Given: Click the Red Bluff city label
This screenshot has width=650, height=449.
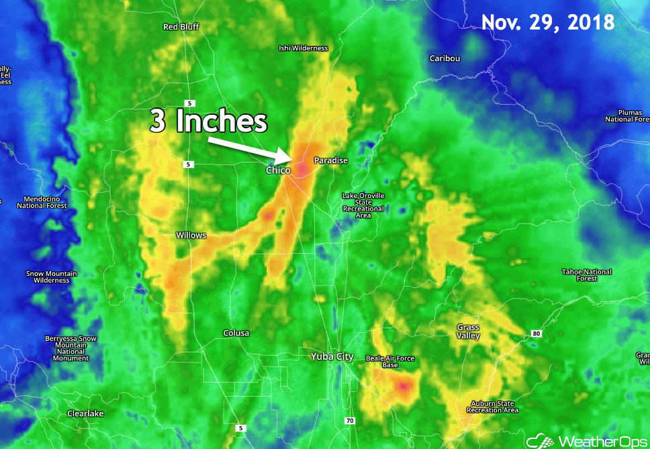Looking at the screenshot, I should [181, 27].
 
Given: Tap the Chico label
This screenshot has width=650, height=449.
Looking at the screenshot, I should [278, 170].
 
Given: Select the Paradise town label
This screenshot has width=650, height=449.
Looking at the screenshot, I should [331, 160].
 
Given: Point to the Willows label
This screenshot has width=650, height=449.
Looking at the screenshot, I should [191, 236].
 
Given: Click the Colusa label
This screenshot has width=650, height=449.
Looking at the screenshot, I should [236, 333].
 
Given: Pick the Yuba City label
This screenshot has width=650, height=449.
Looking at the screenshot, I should [332, 357].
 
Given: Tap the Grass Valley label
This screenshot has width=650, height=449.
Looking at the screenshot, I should [468, 332].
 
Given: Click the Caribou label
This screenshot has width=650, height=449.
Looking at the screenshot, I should [445, 58].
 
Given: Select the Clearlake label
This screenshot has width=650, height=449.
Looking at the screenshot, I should [85, 413].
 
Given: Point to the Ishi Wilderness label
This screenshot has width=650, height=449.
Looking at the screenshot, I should [304, 48].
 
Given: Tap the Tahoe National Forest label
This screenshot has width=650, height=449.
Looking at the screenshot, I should [587, 275].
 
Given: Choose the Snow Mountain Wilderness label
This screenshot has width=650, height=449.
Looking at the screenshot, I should [52, 277].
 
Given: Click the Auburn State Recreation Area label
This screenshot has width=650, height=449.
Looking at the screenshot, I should [494, 407].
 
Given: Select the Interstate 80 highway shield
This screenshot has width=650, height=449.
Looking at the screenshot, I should [535, 334].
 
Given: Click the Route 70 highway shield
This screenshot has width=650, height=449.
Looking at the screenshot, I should [349, 421].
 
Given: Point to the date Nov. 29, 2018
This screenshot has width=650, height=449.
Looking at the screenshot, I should [547, 22].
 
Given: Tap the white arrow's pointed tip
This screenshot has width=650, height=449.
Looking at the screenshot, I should [291, 158].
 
